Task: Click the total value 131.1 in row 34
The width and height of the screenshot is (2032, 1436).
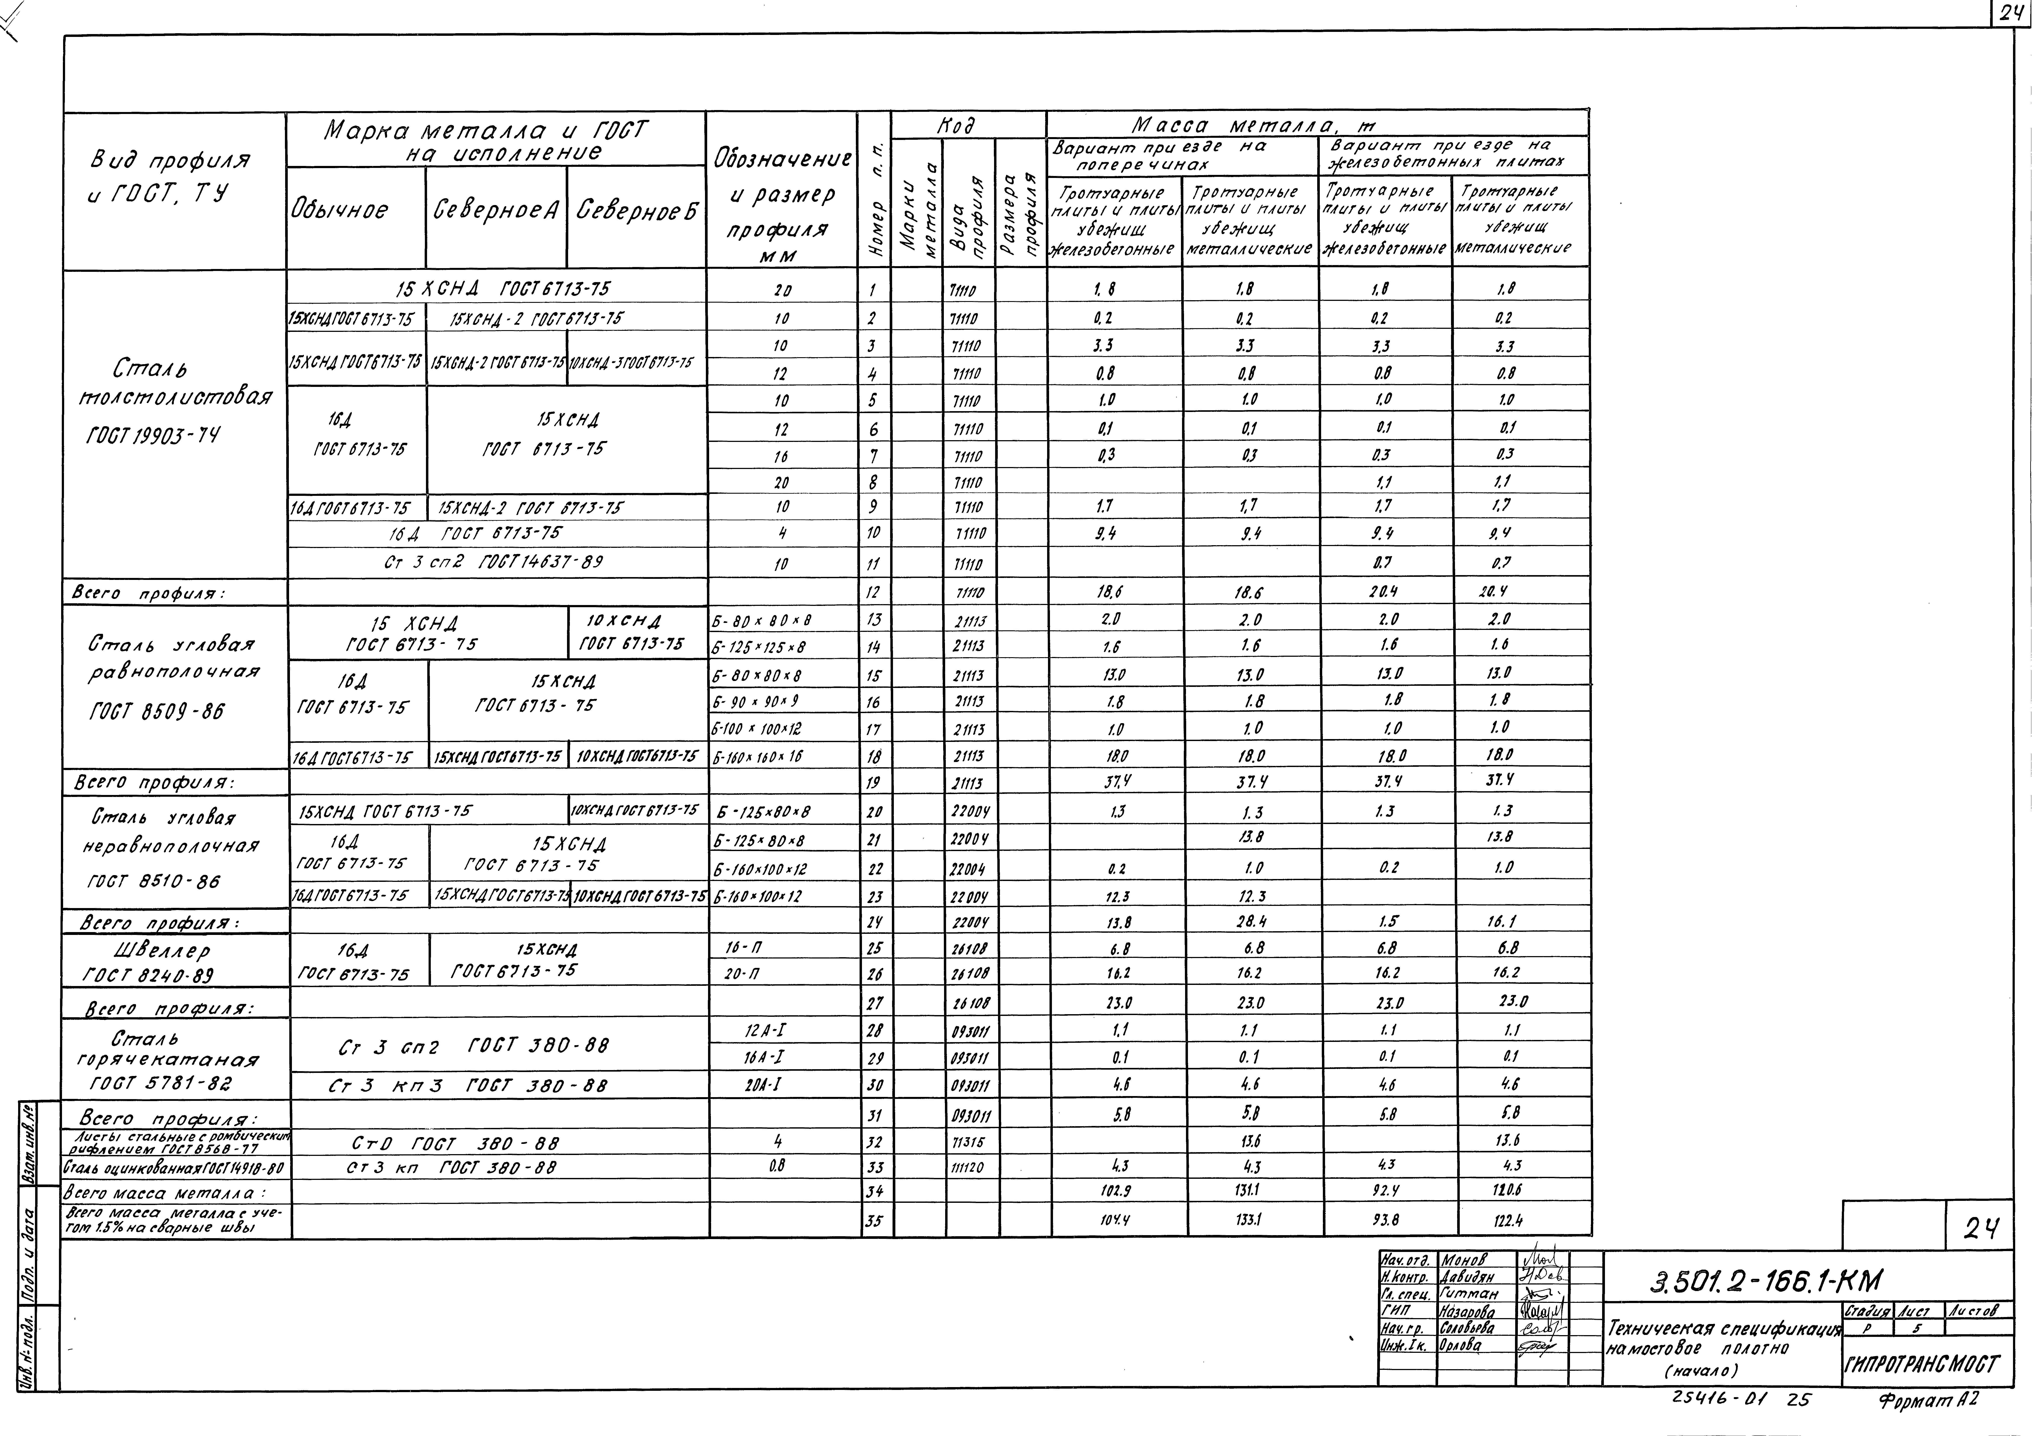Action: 1250,1191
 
